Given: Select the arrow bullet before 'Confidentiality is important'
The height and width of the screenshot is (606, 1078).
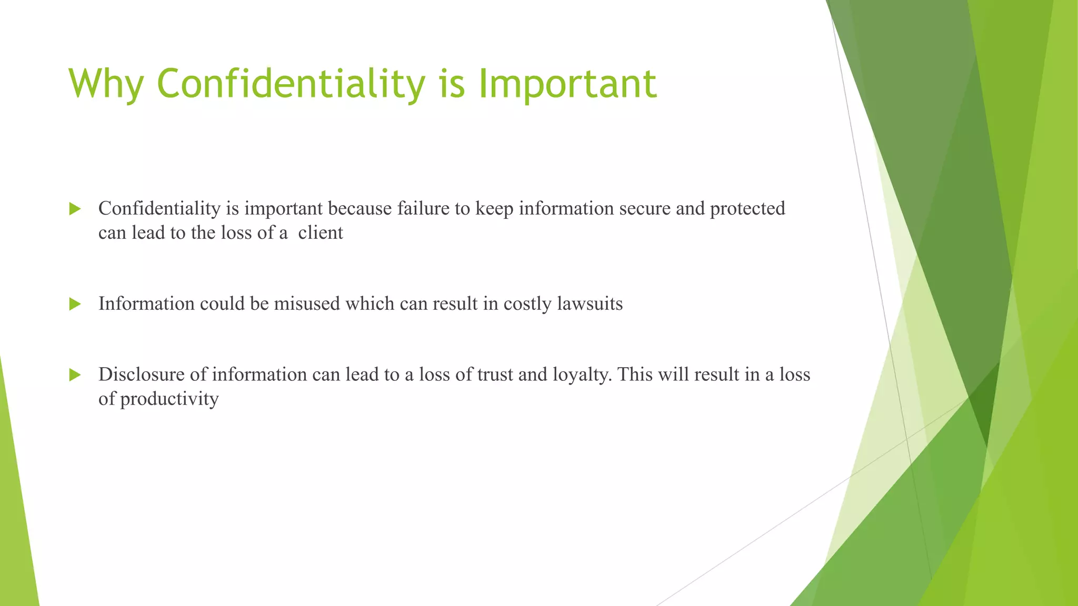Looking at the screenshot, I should point(75,209).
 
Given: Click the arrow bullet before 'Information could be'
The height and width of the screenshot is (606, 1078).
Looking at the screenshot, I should point(75,304).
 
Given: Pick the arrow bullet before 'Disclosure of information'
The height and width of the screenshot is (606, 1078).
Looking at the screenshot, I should point(75,375).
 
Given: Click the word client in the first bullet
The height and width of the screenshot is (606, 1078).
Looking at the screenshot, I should point(320,233).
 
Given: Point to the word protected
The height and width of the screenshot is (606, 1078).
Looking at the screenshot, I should point(747,209).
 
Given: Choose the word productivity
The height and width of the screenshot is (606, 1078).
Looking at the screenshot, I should point(169,399).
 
